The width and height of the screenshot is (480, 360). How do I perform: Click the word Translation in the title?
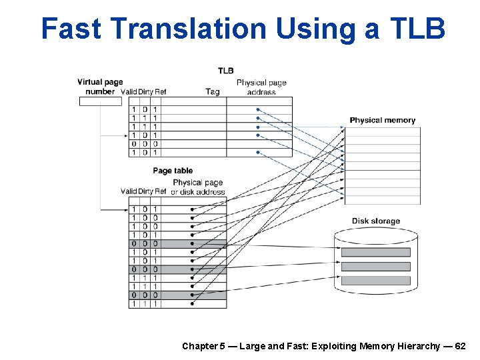tap(189, 29)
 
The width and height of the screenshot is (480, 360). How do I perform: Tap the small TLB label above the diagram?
tap(225, 71)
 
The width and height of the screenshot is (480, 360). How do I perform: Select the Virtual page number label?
tap(100, 87)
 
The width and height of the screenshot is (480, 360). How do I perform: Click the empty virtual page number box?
tap(101, 101)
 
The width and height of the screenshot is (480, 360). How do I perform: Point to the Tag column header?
tap(213, 92)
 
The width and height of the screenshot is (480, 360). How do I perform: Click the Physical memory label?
tap(382, 121)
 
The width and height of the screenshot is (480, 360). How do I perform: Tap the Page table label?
tap(173, 171)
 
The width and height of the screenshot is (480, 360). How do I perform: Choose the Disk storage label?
tap(376, 221)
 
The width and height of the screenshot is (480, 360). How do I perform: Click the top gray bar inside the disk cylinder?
tap(375, 253)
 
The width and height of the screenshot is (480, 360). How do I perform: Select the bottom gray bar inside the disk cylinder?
tap(375, 281)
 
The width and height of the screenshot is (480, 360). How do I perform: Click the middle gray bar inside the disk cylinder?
tap(375, 267)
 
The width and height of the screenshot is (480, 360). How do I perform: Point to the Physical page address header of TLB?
tap(261, 87)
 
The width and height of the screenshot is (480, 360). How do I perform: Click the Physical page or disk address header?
tap(198, 187)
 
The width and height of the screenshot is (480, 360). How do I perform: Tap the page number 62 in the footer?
tap(460, 346)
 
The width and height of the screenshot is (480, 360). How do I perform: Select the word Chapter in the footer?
tap(199, 346)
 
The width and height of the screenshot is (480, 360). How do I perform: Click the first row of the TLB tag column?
tap(193, 109)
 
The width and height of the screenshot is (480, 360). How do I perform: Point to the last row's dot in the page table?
tap(192, 304)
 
